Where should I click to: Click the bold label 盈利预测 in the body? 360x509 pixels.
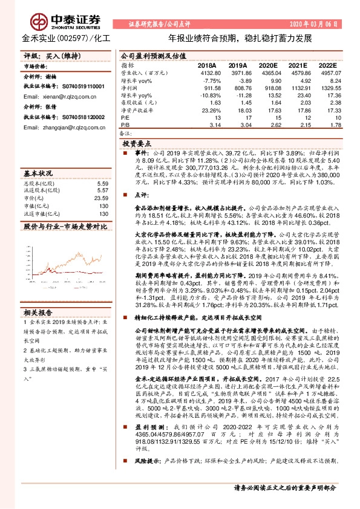click(x=146, y=443)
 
